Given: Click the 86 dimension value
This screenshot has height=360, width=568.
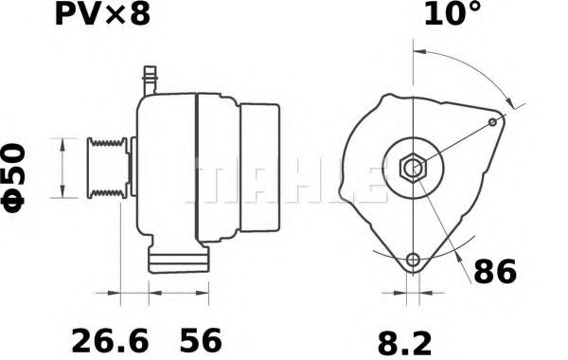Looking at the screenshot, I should pos(494,273).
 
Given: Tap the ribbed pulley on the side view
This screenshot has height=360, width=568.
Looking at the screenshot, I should pos(107,168).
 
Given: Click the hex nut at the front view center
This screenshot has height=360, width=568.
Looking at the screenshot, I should pos(413,168).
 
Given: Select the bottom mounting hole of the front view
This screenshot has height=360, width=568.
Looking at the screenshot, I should pos(413,261).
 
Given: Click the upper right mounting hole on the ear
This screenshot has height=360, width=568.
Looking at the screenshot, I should pos(493,122).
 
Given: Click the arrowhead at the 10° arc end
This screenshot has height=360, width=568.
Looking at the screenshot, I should pos(514,102).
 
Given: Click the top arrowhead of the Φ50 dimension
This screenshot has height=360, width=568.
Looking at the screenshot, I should pos(63,141).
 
